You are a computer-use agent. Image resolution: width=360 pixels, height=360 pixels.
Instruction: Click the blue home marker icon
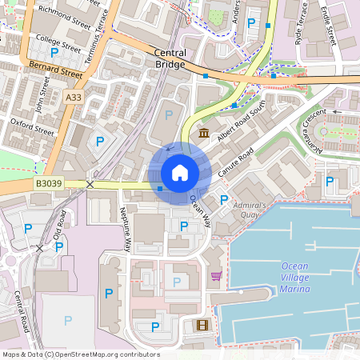180,173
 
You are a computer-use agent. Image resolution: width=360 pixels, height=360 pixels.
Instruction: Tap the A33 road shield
74,97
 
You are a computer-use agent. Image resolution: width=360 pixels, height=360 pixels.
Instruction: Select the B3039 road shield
48,184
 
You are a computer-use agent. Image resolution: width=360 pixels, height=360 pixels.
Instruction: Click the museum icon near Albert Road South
205,132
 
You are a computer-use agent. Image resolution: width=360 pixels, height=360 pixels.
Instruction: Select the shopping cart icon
216,276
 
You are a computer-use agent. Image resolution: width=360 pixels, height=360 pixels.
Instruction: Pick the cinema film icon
200,325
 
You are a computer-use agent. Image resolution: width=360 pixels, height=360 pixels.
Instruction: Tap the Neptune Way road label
127,229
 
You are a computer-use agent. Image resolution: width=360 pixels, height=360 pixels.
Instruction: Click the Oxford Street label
32,127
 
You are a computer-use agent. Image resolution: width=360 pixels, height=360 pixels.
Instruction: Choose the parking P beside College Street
54,52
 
